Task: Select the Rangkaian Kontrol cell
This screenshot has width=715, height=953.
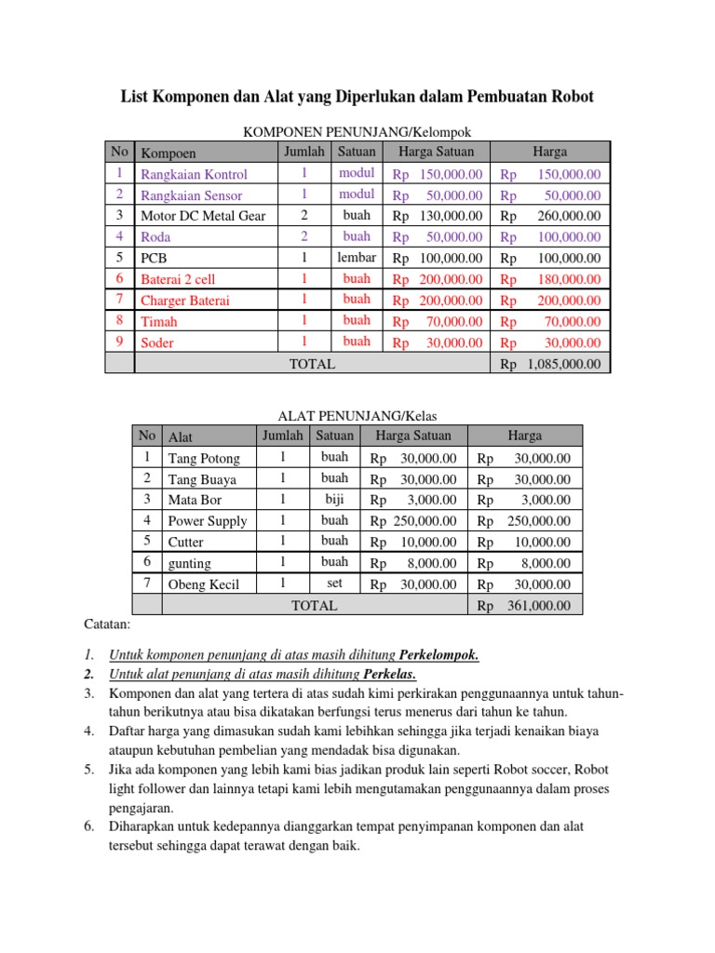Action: (194, 174)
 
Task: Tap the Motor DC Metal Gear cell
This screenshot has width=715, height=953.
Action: (202, 216)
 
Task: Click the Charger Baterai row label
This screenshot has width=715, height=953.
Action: (184, 301)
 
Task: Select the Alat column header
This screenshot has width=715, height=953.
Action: (181, 436)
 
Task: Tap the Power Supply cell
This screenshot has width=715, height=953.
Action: (207, 521)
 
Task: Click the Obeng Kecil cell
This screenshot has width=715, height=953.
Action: (203, 584)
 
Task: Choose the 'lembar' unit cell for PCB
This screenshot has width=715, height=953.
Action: (357, 258)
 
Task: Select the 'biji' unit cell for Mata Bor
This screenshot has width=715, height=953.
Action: (334, 500)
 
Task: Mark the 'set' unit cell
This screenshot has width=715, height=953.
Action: (334, 584)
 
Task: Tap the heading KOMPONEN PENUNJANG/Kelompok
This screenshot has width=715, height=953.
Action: (363, 133)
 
